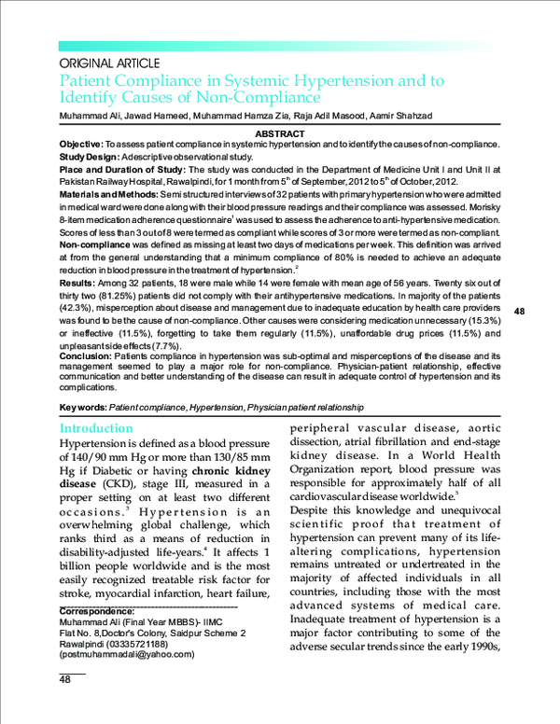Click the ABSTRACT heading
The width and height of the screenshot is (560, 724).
pos(279,134)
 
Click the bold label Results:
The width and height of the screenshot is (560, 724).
pos(77,280)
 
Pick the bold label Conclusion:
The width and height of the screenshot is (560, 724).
pos(85,356)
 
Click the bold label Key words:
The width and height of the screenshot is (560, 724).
pos(83,408)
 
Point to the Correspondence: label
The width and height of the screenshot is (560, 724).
pos(97,611)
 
